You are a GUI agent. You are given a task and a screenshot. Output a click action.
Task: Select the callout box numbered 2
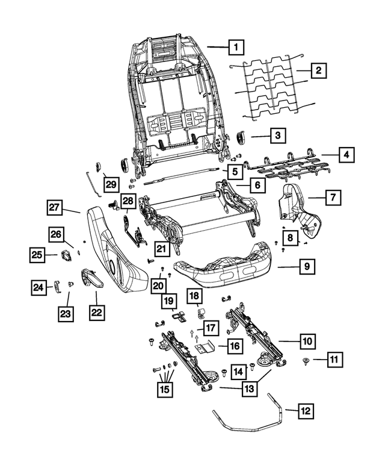318,71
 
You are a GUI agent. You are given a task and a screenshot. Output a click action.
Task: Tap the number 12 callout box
306,411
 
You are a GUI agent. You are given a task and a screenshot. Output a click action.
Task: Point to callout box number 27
55,208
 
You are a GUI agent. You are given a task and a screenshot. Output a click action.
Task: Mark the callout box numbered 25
37,255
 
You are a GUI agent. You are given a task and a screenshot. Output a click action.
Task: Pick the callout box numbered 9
307,266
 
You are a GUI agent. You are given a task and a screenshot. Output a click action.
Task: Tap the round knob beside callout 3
242,138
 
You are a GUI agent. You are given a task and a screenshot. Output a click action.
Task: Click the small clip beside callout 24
57,285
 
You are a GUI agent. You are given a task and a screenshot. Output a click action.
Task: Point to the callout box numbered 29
109,184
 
